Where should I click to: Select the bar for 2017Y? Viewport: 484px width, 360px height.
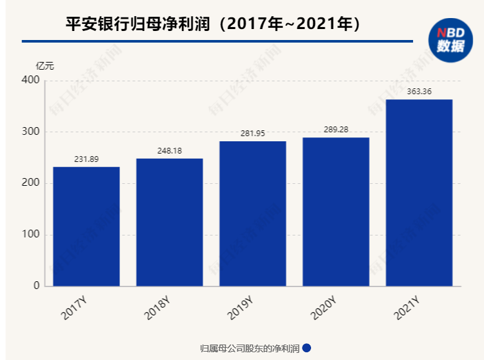86,226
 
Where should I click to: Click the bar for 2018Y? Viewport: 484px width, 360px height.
169,222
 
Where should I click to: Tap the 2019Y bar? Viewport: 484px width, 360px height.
252,213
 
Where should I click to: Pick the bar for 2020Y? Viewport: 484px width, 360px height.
336,211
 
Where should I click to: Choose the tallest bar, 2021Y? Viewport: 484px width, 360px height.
419,192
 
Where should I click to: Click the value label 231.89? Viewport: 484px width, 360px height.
86,159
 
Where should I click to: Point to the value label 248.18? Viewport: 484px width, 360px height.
169,151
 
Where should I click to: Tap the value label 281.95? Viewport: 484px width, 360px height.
252,134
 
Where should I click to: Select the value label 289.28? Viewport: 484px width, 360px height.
336,130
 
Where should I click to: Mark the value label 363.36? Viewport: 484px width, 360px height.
419,92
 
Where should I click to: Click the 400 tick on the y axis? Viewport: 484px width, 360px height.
31,80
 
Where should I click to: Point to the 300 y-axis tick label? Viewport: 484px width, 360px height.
31,132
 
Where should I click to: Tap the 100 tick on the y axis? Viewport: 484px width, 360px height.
31,234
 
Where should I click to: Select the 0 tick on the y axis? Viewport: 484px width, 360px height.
36,286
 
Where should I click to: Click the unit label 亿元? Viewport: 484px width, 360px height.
45,65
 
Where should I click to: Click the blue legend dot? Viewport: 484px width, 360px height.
307,348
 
